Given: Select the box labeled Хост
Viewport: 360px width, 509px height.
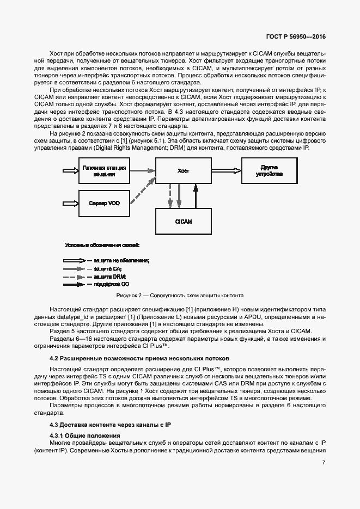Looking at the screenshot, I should (x=183, y=171).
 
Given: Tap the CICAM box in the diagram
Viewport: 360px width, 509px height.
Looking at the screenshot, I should (x=183, y=222).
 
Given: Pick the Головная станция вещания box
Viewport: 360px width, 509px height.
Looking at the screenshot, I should (x=103, y=170).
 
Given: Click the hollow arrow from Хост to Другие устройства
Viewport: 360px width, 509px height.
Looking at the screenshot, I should (x=225, y=170).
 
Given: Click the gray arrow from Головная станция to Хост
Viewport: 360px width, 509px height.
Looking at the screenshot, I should (x=142, y=170).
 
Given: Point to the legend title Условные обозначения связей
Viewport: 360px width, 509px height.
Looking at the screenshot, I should (x=102, y=245).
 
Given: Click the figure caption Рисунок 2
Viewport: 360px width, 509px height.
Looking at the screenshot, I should (x=180, y=296).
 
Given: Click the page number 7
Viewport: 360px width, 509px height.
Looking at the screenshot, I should (x=324, y=462).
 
